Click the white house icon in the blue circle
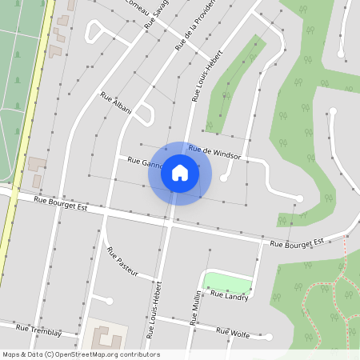pos(180,173)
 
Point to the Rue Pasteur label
pos(122,262)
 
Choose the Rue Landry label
pos(229,296)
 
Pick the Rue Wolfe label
pos(233,333)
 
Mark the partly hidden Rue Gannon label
pos(142,162)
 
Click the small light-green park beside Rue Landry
pos(227,282)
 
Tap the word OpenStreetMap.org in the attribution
pos(95,354)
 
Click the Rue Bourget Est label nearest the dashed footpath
pos(297,242)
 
